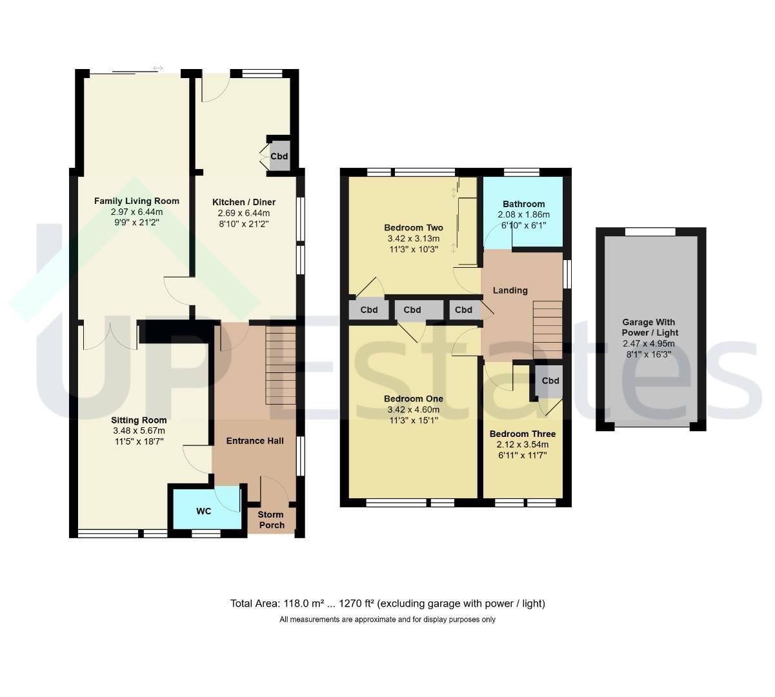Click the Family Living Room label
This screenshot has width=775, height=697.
tap(137, 201)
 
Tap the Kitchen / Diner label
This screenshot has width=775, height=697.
tap(244, 202)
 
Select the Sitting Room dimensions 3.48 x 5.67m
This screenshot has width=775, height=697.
tap(139, 430)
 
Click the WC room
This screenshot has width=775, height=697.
tap(206, 509)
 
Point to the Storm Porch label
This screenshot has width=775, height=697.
tap(272, 520)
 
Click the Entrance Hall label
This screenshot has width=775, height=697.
tap(255, 441)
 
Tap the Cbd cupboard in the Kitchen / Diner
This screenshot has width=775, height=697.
tap(279, 156)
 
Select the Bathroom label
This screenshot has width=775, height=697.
tap(523, 204)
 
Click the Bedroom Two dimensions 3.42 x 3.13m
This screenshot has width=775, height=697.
tap(414, 239)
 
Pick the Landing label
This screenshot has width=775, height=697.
tap(510, 290)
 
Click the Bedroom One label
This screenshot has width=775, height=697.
tap(414, 399)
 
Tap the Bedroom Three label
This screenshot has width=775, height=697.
tap(523, 434)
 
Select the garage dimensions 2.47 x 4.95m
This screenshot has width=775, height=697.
tap(649, 343)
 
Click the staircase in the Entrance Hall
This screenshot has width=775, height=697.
tap(281, 365)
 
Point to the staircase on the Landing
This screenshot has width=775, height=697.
tap(547, 330)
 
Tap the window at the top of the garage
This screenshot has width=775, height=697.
tap(650, 232)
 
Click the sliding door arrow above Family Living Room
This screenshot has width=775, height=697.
tap(158, 68)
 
